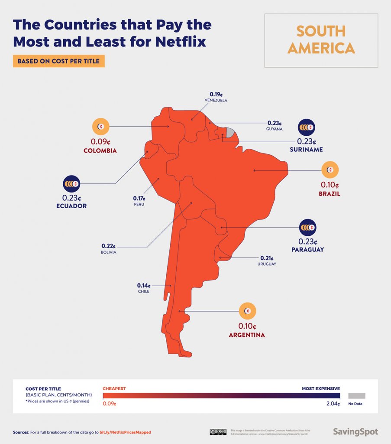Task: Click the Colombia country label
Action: coord(100,150)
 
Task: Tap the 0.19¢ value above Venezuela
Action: coord(216,94)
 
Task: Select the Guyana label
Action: coord(275,129)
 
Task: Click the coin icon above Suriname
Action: coord(306,127)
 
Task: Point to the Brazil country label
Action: coord(329,194)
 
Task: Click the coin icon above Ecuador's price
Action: coord(71,184)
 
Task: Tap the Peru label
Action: coord(139,204)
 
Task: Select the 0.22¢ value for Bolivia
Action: coord(108,245)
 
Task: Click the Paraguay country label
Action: coord(307,250)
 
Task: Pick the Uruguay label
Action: coord(266,264)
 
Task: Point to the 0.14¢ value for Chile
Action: coord(143,285)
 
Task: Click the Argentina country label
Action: coord(247,335)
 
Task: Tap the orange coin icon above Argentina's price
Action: coord(247,311)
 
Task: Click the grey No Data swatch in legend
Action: coord(356,395)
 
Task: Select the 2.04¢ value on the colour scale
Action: coord(333,404)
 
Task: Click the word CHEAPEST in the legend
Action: coord(114,388)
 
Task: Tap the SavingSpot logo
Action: coord(355,432)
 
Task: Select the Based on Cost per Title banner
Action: coord(58,61)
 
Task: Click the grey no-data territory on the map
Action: coord(230,132)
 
